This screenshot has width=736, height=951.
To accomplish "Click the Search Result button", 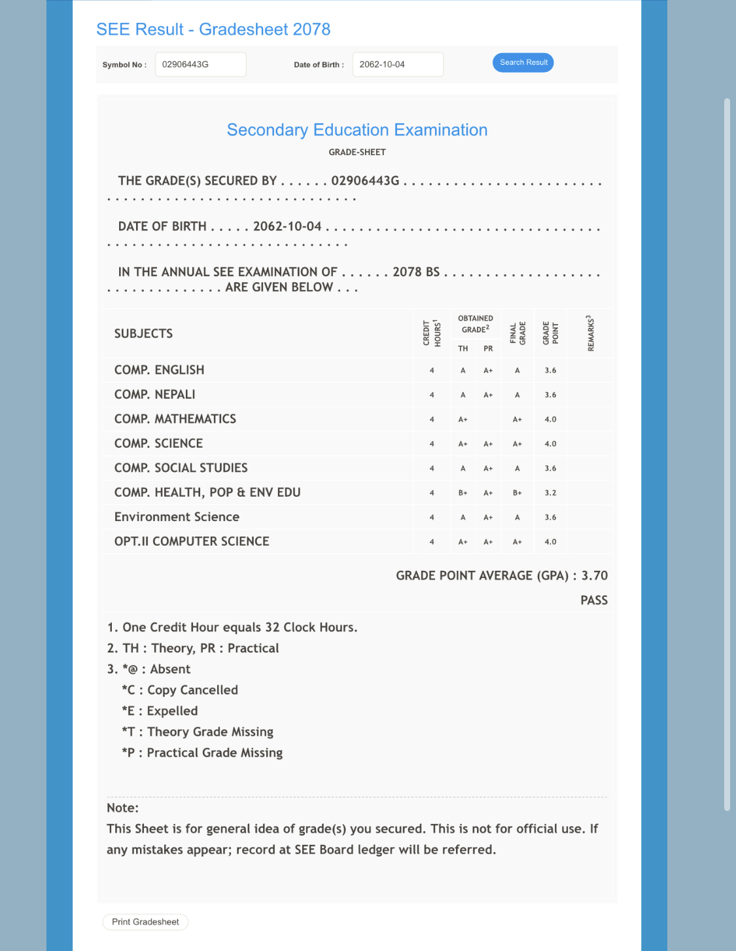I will (523, 63).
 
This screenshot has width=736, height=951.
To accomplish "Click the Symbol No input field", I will (200, 65).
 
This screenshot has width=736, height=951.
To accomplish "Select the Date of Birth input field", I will (398, 65).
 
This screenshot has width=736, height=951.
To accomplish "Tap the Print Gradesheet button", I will (145, 922).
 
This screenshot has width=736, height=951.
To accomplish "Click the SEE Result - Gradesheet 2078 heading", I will (213, 29).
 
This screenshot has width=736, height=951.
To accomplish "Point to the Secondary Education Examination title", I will (357, 130).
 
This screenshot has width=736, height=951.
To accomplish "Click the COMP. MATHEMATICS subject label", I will (175, 419).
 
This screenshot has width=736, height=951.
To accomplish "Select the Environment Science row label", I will (177, 517).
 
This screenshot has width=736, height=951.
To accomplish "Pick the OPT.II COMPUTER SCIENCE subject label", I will (192, 541).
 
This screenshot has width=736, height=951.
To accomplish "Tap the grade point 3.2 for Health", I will (550, 493).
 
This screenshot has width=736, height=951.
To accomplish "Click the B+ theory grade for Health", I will (463, 493).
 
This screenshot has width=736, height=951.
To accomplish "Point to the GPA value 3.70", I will (594, 576).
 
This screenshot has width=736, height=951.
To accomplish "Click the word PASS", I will (594, 600).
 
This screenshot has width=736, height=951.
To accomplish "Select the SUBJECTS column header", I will (143, 334).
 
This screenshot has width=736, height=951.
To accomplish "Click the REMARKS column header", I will (591, 333).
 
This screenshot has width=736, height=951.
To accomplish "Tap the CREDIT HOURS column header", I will (432, 333).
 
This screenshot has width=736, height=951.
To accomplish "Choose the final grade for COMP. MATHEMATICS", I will (517, 420).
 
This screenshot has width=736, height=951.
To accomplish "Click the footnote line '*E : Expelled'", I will (160, 711).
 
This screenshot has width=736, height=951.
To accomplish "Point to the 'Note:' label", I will (123, 808).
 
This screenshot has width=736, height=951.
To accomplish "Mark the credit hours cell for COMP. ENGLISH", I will (432, 370).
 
